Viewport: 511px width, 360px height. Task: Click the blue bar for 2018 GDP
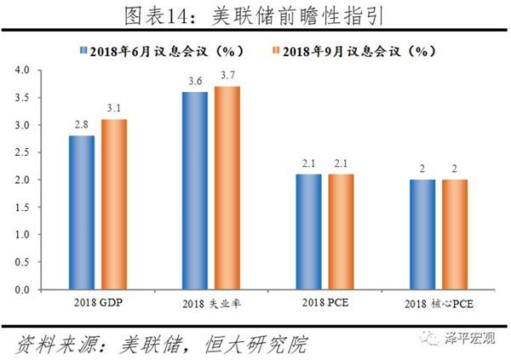[x=82, y=213]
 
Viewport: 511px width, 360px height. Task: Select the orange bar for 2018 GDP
[x=114, y=204]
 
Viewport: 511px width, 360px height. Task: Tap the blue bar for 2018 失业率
[x=194, y=191]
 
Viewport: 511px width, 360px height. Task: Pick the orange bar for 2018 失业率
[x=227, y=188]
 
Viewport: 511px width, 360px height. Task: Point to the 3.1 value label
[x=114, y=109]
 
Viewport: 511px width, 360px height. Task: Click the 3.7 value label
[x=227, y=77]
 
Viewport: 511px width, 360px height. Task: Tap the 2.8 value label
[x=82, y=126]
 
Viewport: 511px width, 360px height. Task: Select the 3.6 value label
[x=194, y=83]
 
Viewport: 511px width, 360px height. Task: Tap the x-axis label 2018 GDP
[x=98, y=303]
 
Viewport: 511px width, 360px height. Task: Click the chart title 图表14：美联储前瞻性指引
[x=255, y=15]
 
